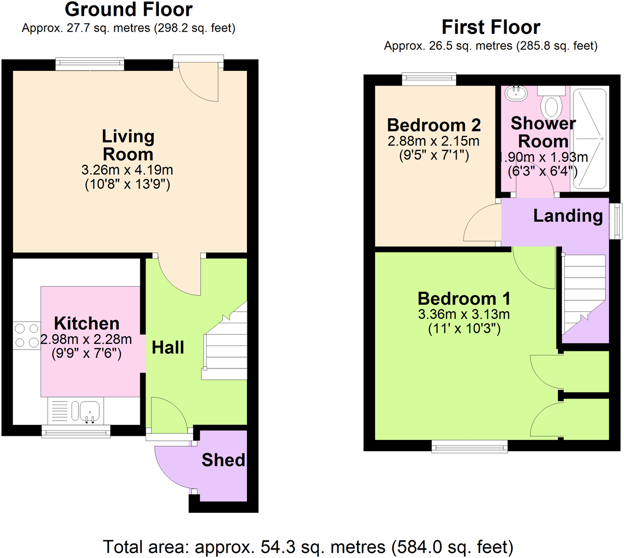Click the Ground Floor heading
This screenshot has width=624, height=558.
tap(129, 9)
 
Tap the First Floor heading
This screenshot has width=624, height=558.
tap(491, 27)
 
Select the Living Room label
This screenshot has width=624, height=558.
tap(128, 145)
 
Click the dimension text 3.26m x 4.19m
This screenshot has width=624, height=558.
tap(127, 170)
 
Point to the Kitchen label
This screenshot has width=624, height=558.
tap(87, 323)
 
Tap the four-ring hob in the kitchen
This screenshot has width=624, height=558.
tap(27, 335)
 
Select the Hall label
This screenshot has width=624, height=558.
tap(168, 348)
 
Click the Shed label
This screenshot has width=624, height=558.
tap(223, 460)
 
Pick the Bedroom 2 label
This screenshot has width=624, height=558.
tap(434, 125)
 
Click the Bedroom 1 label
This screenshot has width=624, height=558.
tap(464, 298)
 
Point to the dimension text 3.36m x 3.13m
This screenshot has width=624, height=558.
tap(464, 314)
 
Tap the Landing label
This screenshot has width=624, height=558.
tap(568, 216)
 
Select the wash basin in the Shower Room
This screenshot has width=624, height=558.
tap(516, 93)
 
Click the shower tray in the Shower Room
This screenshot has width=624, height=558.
tap(590, 139)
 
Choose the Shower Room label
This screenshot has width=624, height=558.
tap(543, 132)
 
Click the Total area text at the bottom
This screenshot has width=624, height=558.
tap(308, 547)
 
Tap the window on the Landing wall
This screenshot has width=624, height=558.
tap(616, 221)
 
